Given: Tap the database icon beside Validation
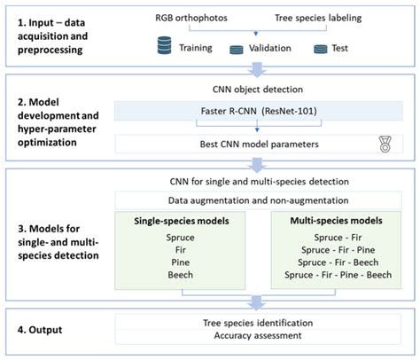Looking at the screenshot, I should [x=237, y=50].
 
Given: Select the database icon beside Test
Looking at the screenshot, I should [x=320, y=48].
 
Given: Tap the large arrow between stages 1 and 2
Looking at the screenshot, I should [x=258, y=70].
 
